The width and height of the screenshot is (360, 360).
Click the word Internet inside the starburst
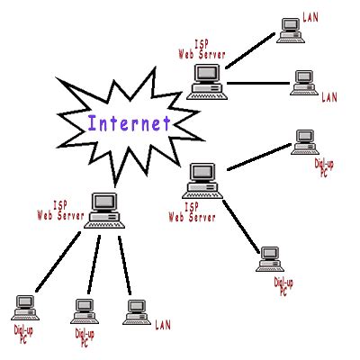click(128, 122)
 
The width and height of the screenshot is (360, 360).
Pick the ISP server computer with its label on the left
click(105, 209)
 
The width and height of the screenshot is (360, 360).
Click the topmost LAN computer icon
click(290, 30)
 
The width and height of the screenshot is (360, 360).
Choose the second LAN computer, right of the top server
click(302, 84)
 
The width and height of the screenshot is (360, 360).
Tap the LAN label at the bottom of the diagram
click(163, 323)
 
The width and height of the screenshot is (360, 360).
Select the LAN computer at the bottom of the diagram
click(136, 311)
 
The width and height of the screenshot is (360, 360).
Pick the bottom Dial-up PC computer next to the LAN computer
click(84, 311)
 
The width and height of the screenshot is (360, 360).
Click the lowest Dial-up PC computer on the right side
click(269, 258)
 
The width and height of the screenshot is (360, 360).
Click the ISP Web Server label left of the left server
click(60, 212)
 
